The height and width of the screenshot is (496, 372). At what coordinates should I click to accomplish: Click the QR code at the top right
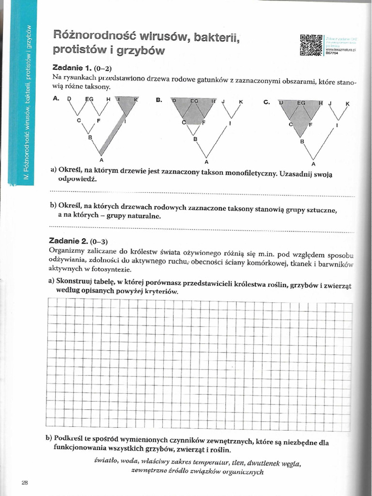311,46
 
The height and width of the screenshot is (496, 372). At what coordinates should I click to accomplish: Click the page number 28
25,482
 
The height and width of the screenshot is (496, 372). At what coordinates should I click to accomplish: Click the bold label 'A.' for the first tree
56,99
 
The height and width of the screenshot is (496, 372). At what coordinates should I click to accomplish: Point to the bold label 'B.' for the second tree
159,100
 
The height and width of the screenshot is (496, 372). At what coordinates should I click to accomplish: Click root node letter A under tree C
313,163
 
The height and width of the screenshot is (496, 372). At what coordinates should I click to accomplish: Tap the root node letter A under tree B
206,161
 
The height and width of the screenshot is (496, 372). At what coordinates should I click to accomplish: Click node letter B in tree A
90,138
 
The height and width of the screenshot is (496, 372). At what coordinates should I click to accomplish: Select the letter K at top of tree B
240,102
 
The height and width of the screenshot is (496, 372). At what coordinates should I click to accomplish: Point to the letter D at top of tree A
69,99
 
